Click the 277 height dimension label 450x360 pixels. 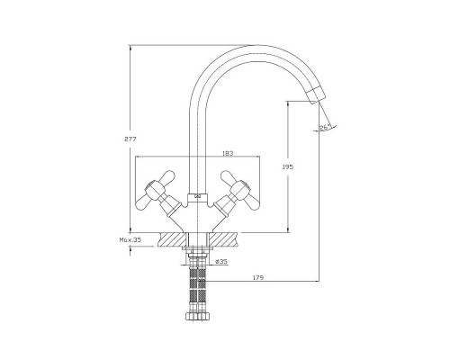pos(130,139)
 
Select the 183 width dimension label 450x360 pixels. pos(228,153)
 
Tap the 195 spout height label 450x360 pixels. pos(288,167)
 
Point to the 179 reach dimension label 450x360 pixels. pos(258,278)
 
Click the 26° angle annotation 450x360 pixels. pos(324,127)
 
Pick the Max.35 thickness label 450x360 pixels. pos(130,240)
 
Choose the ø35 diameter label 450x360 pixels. pos(221,262)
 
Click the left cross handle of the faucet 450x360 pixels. pos(156,190)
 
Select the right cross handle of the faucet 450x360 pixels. pos(239,190)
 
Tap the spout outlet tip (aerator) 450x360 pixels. pos(317,95)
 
